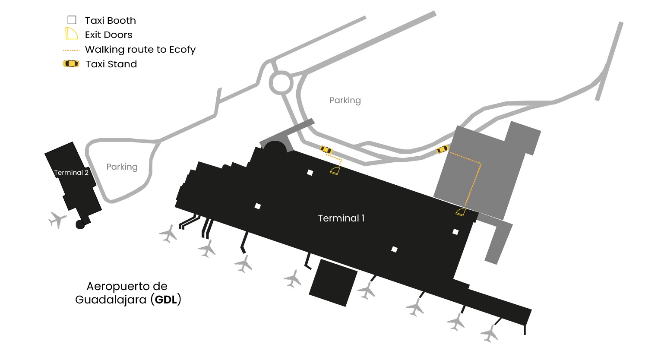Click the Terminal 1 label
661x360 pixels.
341,218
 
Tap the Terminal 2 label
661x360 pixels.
71,173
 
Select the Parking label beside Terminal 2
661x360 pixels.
122,167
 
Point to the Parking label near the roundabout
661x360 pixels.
345,100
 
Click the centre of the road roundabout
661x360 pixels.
281,82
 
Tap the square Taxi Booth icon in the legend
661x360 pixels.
72,20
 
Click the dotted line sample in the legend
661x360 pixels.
71,50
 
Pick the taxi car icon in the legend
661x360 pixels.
71,64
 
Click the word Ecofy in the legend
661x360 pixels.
182,50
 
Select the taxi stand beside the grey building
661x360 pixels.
443,149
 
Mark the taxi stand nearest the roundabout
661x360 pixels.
326,150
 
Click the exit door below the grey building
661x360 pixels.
461,212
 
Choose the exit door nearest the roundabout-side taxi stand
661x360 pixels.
335,171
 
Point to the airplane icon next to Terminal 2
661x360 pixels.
57,220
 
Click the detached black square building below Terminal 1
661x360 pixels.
333,283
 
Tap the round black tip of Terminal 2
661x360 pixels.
80,224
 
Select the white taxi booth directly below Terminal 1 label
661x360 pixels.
394,249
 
